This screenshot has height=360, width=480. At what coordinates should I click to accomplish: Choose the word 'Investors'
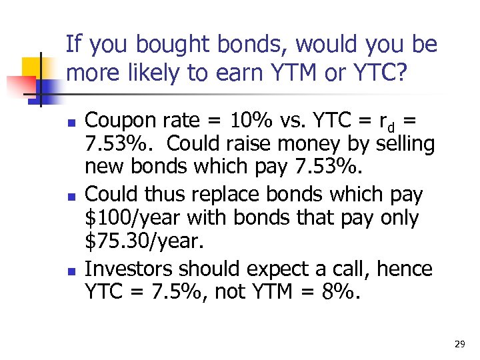(129, 269)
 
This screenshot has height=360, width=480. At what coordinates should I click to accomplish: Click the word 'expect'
(279, 269)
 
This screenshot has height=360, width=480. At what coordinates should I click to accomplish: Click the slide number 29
(459, 344)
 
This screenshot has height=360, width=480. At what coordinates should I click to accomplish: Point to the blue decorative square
(48, 89)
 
